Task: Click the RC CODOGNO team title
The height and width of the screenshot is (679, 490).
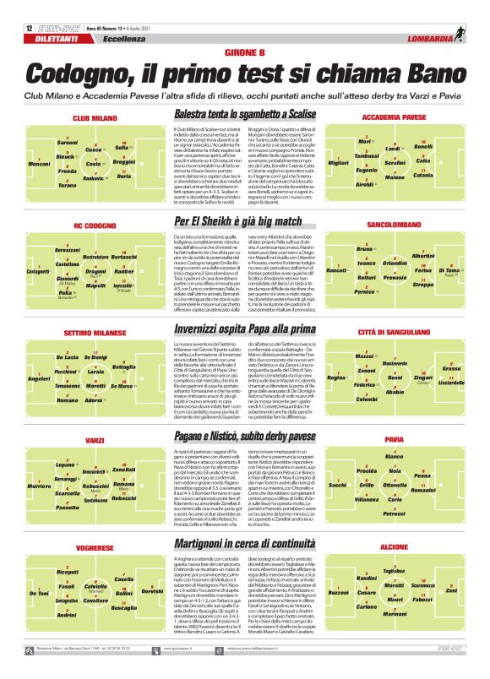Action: pos(94,226)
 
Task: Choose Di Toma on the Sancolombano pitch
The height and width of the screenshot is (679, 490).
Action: pos(451,270)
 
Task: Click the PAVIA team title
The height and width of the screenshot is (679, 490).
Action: pos(395,440)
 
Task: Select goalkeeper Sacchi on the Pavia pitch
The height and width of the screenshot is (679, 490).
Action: pos(337,485)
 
